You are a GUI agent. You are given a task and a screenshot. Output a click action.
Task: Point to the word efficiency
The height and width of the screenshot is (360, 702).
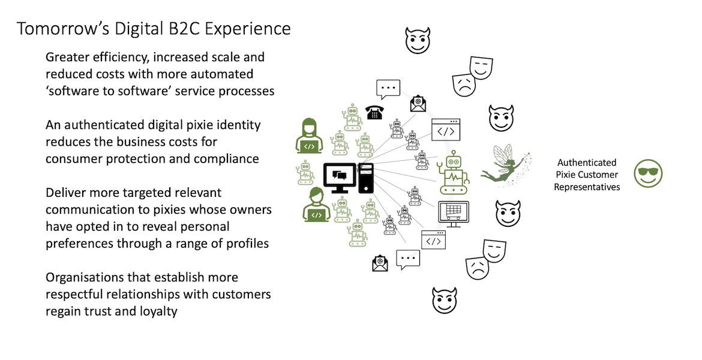tap(115, 58)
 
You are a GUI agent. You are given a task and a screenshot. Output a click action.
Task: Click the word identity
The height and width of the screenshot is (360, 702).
tap(235, 125)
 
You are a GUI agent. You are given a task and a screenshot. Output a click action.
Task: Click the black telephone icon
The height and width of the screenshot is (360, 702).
tap(374, 112)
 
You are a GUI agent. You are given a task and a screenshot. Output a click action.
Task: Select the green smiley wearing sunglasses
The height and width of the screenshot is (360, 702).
tap(648, 174)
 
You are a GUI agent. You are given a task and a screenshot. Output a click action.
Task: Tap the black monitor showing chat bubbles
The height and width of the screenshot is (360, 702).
tap(340, 178)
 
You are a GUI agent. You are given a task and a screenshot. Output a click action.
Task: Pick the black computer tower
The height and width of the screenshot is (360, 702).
tap(366, 178)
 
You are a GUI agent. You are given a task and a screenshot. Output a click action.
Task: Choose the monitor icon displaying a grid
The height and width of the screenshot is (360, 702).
tap(453, 214)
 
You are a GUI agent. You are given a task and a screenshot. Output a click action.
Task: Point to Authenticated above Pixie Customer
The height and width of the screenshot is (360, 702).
tap(586, 163)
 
